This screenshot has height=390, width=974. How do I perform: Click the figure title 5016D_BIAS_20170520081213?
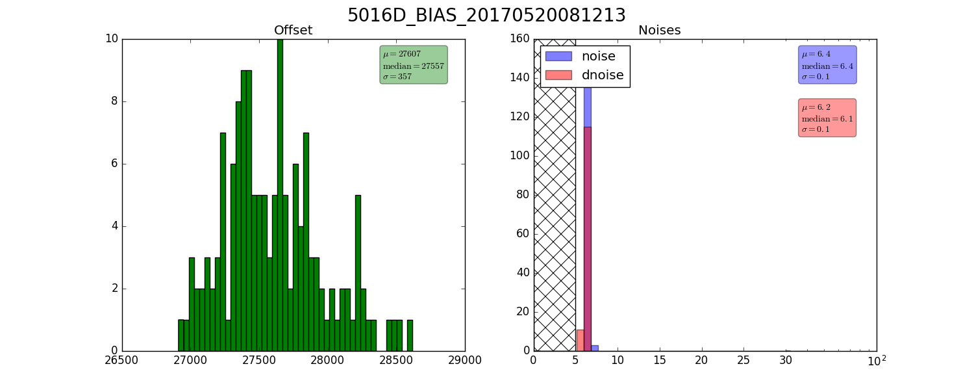tap(486, 15)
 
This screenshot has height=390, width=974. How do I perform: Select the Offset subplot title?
tap(293, 30)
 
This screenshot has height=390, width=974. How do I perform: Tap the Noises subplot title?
tap(659, 30)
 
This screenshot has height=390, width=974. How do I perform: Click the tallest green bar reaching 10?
tap(280, 195)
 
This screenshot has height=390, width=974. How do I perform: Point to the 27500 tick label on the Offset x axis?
tap(259, 361)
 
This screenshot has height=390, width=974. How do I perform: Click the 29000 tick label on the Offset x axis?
tap(464, 361)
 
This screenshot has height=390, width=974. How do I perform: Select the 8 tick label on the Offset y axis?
tap(114, 101)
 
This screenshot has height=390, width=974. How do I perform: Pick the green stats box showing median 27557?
tap(414, 65)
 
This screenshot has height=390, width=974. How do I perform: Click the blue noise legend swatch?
tap(558, 56)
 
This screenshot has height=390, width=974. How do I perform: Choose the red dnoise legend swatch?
tap(558, 75)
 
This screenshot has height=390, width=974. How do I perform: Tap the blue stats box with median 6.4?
tap(827, 65)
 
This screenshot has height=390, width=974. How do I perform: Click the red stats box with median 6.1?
tap(827, 118)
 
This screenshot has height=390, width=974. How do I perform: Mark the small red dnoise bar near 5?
tap(580, 341)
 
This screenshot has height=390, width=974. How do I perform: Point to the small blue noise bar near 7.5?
tap(594, 348)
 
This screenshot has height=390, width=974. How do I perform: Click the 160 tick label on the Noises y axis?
tap(520, 39)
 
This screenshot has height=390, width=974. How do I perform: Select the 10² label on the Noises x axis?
tap(877, 361)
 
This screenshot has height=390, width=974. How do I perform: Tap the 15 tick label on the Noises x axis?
tap(660, 361)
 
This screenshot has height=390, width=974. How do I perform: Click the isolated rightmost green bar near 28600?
tap(410, 335)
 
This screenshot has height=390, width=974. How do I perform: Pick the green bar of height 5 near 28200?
tap(358, 274)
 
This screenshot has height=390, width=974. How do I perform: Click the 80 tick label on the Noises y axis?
tap(523, 194)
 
